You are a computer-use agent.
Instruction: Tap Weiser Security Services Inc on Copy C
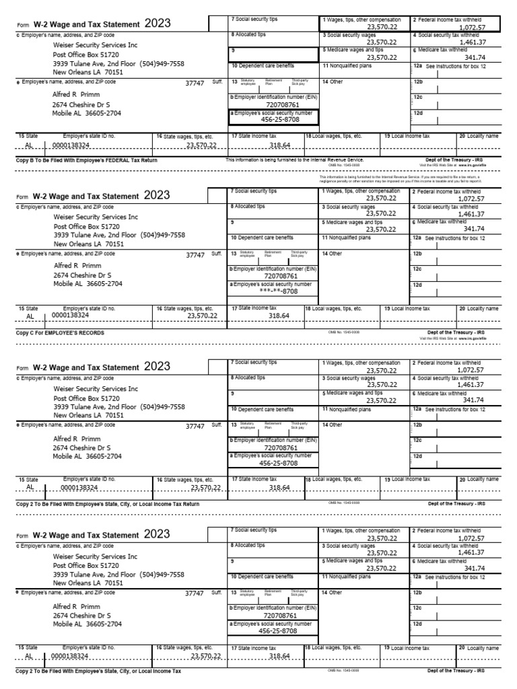coord(96,217)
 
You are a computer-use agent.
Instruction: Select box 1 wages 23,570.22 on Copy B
coord(381,27)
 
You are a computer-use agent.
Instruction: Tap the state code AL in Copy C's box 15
coord(30,315)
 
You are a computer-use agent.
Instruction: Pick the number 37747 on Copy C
coord(195,255)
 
